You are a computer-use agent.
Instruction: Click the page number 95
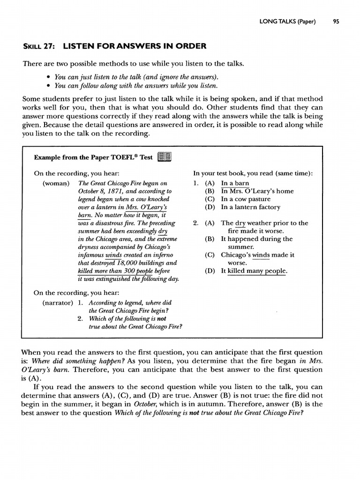coord(336,21)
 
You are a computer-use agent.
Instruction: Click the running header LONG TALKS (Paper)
coord(287,21)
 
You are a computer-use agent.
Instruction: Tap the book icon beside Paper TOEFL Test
coord(165,157)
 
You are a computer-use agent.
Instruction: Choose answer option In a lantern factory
coord(250,207)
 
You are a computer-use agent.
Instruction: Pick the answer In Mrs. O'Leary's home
coord(257,191)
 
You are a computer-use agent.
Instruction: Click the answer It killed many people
coord(254,271)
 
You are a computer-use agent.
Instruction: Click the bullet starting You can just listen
coord(136,77)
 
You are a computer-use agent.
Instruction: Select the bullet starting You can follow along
coord(136,85)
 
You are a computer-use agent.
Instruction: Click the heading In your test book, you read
coord(253,173)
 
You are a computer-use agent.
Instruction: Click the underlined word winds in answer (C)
coord(261,255)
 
